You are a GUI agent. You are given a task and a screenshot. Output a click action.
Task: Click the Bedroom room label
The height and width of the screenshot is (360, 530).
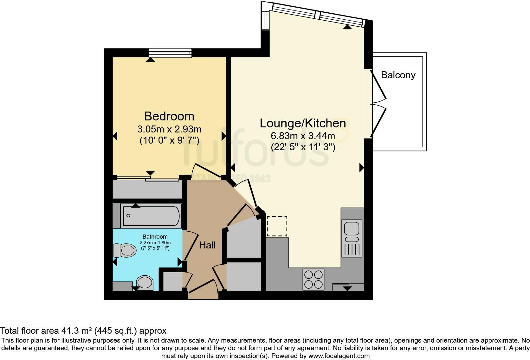(x=169, y=116)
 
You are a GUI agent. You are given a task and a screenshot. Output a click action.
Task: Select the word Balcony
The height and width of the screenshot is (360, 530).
(x=398, y=75)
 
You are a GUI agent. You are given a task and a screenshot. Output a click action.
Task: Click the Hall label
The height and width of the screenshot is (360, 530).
(x=207, y=245)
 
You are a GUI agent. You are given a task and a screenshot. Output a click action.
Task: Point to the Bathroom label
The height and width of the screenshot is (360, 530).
(x=155, y=236)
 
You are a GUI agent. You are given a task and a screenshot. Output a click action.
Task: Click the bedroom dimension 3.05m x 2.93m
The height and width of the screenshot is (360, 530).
(x=169, y=129)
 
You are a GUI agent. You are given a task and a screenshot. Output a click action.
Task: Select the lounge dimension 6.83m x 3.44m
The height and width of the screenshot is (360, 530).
(x=303, y=136)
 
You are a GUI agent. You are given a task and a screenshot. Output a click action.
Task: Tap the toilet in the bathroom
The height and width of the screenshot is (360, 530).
(x=125, y=250)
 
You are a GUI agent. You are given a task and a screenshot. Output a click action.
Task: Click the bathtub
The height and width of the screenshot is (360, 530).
(x=151, y=215)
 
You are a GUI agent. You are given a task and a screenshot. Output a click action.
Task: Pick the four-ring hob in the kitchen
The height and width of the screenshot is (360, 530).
(x=313, y=279)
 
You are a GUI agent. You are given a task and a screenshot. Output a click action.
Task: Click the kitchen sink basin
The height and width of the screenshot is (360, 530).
(x=352, y=229)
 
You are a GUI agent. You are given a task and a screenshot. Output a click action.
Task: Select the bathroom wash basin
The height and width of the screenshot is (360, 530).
(x=145, y=283)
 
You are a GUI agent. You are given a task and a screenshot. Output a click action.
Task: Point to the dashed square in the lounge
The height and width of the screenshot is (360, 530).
(x=277, y=226)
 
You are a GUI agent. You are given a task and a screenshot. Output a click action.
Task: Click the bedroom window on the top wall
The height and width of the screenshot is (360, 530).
(x=170, y=53)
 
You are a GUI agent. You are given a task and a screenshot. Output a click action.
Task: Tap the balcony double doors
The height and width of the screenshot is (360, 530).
(x=378, y=104)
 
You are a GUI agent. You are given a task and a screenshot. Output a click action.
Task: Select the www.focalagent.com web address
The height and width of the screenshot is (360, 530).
(x=339, y=356)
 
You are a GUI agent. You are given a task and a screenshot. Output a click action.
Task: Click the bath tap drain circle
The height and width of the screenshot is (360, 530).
(x=128, y=215)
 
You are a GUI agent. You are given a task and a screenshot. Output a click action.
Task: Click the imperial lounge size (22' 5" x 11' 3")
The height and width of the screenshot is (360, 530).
(x=303, y=147)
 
